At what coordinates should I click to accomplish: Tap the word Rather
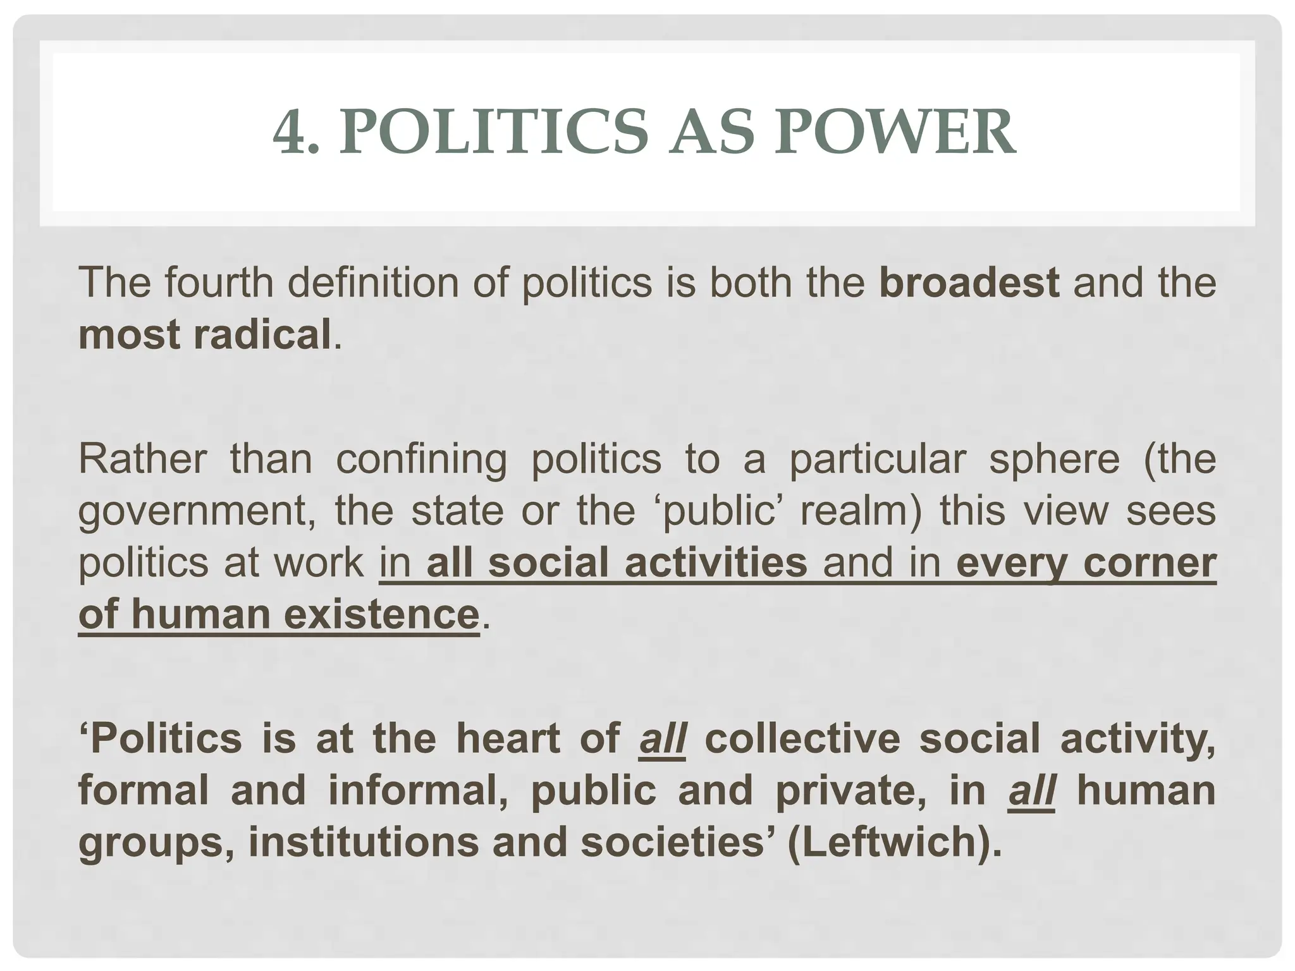142,460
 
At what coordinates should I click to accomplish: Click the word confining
420,460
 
